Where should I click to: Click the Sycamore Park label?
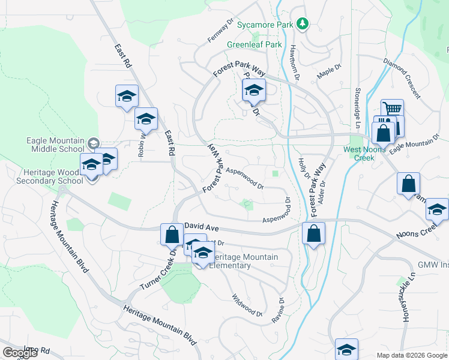coord(264,25)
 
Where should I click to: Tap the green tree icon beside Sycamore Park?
coord(304,24)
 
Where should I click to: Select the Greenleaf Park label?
coord(254,44)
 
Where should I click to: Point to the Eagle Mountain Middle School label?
coord(55,145)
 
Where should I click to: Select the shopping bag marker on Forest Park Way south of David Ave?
coord(313,233)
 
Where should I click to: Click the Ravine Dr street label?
coord(278,311)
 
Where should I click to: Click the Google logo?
coord(20,353)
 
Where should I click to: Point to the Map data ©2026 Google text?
coord(411,355)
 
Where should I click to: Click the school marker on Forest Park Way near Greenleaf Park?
coord(253,91)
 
